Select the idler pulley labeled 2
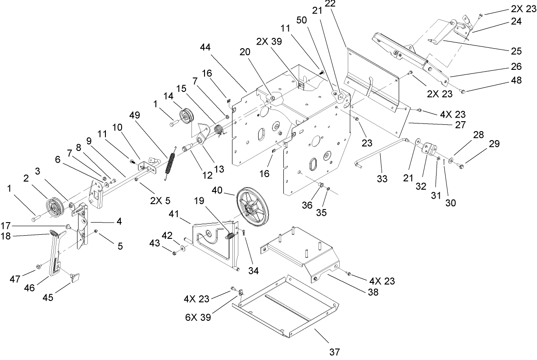click(55, 208)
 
